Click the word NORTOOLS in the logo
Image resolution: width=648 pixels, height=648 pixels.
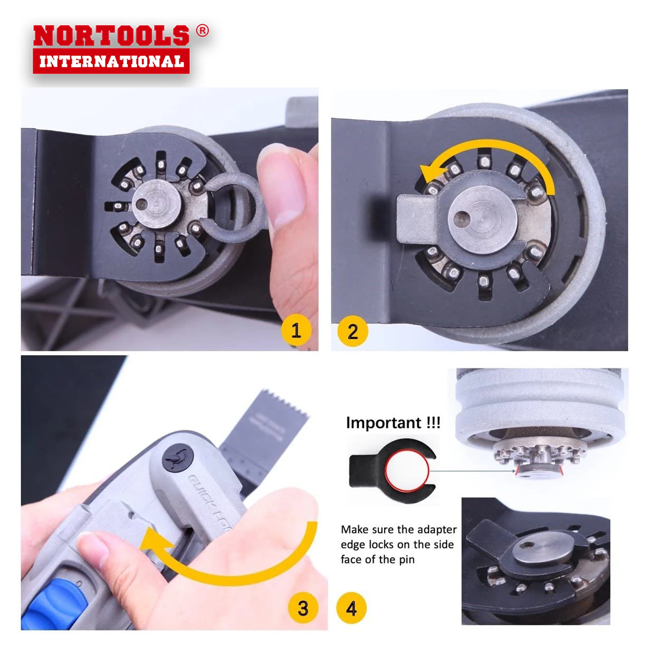coord(111,36)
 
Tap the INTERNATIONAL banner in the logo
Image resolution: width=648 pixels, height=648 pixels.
coord(111,62)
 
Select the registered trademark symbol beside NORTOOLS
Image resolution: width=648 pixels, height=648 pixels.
coord(202,31)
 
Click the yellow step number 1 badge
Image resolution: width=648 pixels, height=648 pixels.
coord(296,330)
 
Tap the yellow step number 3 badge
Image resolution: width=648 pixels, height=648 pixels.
coord(303,608)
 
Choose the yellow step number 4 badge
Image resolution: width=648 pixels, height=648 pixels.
coord(351,608)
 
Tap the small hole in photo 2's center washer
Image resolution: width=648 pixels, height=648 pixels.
coord(461,219)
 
